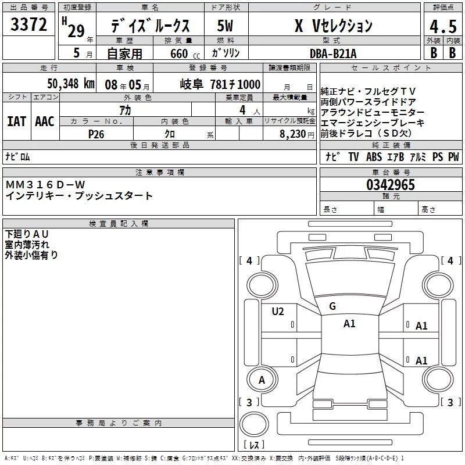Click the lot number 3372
pos(28,24)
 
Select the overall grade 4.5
pos(443,27)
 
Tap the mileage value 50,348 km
pos(71,84)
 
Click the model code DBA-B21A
pos(333,53)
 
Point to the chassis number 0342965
pos(391,185)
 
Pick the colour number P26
pos(96,134)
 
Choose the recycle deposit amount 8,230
pos(293,134)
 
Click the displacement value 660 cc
pos(185,54)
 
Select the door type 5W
pos(225,26)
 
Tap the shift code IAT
pos(17,121)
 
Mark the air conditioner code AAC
pos(45,121)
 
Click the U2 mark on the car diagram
pos(278,312)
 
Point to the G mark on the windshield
pos(332,306)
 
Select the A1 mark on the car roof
pos(349,324)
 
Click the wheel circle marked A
pos(262,380)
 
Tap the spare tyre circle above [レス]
pos(254,424)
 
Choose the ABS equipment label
pos(374,156)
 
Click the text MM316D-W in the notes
pos(45,185)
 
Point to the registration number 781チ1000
pos(235,84)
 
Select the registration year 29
pos(76,31)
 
